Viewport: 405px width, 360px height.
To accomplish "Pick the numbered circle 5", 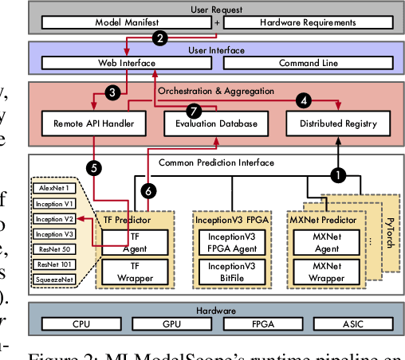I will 94,168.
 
